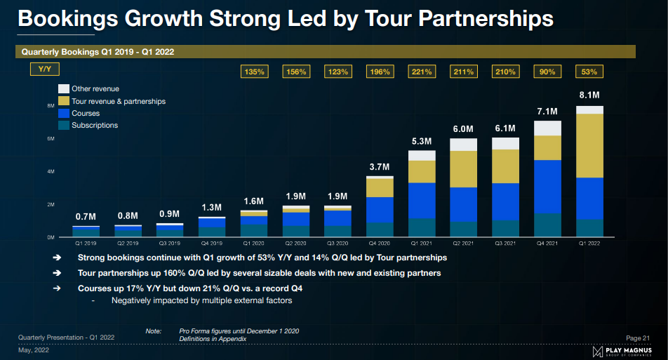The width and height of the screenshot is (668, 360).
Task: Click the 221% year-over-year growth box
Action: [x=422, y=71]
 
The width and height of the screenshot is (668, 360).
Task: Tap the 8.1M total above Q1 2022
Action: [x=589, y=95]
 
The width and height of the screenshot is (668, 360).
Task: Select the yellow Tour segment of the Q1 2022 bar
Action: [x=589, y=145]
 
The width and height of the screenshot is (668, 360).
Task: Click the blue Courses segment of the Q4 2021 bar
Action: [x=547, y=186]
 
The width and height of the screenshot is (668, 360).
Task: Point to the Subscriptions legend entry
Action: [x=94, y=125]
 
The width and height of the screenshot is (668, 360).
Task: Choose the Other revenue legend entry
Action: [x=95, y=88]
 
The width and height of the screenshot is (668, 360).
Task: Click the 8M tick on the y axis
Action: [x=51, y=106]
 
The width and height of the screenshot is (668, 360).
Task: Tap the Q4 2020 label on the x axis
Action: [x=380, y=244]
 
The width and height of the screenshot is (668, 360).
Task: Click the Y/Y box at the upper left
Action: [x=44, y=69]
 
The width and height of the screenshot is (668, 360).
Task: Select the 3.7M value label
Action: [x=380, y=166]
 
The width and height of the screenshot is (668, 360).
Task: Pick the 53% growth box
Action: [x=589, y=71]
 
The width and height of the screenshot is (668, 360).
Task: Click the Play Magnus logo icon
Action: [x=598, y=350]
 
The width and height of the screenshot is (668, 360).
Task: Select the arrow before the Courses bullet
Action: [x=56, y=288]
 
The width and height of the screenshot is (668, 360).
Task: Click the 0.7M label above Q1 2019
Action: [x=86, y=216]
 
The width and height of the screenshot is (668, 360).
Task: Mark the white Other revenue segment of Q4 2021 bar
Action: [x=547, y=128]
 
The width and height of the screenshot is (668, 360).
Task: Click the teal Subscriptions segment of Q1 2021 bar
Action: [x=422, y=227]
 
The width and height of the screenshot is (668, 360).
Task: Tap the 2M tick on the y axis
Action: [x=51, y=205]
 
